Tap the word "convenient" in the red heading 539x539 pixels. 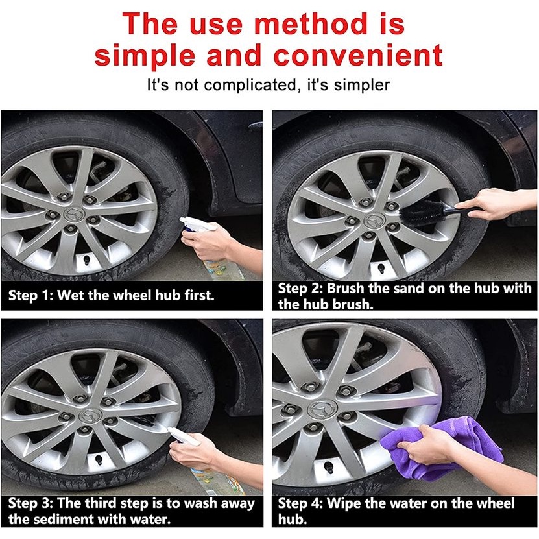point(358,55)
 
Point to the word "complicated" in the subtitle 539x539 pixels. point(250,85)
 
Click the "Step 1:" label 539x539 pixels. point(30,295)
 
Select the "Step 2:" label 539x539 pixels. point(300,289)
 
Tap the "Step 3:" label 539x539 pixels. point(30,503)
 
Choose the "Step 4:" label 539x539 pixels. point(300,503)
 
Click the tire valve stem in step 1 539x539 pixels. point(87,259)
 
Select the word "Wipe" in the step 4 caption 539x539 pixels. point(343,503)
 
